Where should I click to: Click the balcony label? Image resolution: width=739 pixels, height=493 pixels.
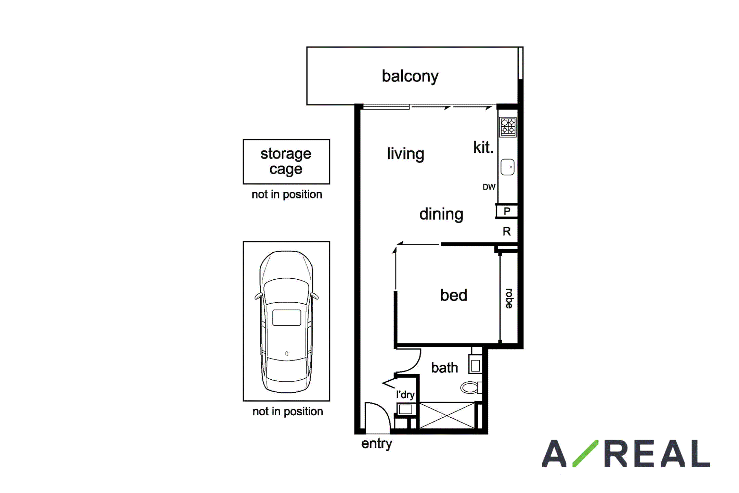coord(410,76)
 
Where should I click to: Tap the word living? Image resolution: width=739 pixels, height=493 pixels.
coord(405,154)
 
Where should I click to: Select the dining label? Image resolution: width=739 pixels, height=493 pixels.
coord(441,214)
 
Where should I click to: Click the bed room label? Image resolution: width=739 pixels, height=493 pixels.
coord(454,295)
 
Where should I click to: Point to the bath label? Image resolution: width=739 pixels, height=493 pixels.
coord(444,368)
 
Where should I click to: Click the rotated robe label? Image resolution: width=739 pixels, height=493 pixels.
coord(509,299)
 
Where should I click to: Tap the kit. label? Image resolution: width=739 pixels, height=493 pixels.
coord(483,148)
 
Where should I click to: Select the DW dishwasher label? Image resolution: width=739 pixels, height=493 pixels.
coord(489,187)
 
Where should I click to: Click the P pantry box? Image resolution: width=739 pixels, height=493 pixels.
coord(507,211)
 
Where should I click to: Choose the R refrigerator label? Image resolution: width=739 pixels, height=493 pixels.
coord(507,231)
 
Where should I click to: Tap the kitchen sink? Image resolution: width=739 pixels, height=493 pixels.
coord(507,167)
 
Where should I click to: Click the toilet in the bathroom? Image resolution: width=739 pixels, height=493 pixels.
coord(471,387)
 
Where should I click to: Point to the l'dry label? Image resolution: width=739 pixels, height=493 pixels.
coord(405,395)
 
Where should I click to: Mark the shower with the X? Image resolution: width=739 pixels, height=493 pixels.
coord(447,415)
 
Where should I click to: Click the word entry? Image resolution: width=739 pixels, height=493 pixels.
coord(377,444)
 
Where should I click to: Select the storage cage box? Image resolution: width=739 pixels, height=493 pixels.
coord(286,162)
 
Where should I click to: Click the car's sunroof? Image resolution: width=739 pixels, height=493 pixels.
coord(287,317)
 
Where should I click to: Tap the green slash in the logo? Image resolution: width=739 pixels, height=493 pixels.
coord(585,453)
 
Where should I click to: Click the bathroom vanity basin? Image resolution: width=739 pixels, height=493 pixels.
coord(475,366)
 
